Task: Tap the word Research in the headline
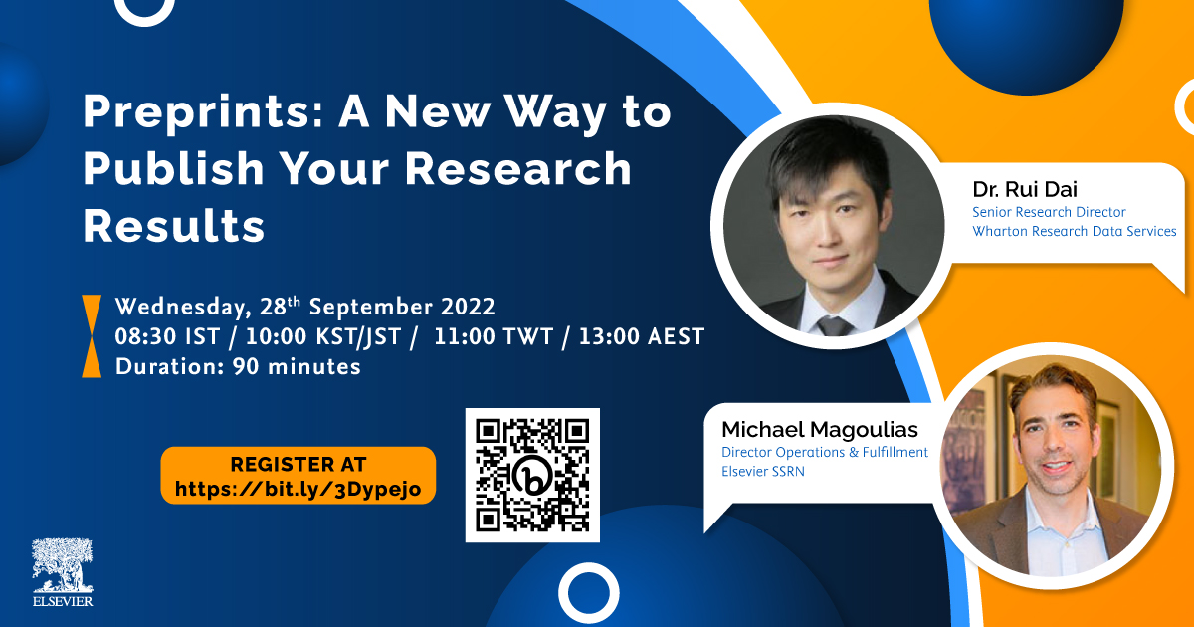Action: pyautogui.click(x=518, y=169)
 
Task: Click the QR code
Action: pyautogui.click(x=532, y=475)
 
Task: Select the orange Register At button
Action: pyautogui.click(x=298, y=476)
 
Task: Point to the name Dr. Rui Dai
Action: pyautogui.click(x=1025, y=189)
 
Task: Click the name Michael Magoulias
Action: pyautogui.click(x=819, y=430)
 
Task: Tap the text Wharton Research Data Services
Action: pyautogui.click(x=1074, y=231)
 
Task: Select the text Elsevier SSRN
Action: pyautogui.click(x=763, y=472)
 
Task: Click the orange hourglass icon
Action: pyautogui.click(x=92, y=336)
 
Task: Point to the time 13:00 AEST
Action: pyautogui.click(x=641, y=337)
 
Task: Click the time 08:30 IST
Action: pyautogui.click(x=167, y=337)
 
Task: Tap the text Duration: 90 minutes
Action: pyautogui.click(x=238, y=367)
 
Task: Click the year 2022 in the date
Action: pyautogui.click(x=468, y=307)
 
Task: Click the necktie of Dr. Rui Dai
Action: pyautogui.click(x=834, y=325)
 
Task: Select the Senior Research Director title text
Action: pyautogui.click(x=1049, y=212)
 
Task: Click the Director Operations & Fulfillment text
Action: pyautogui.click(x=825, y=452)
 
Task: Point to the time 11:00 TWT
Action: pyautogui.click(x=494, y=337)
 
